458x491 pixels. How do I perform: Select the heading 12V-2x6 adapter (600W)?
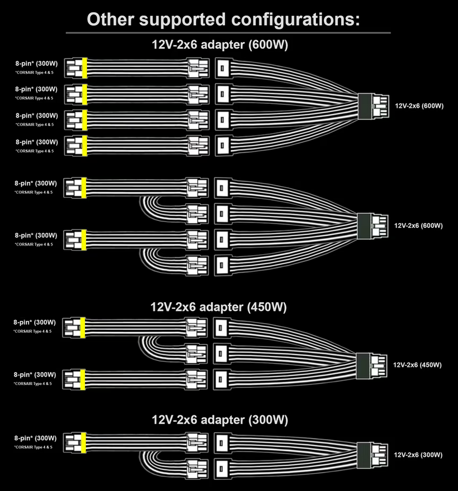(x=220, y=45)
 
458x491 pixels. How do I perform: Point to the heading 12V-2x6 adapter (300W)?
(x=220, y=419)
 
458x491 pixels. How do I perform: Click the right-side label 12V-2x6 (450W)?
(x=417, y=365)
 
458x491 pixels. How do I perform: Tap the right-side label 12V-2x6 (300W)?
(x=418, y=455)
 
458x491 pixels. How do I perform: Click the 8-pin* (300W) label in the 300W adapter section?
(x=35, y=439)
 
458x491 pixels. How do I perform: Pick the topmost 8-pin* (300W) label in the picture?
(x=36, y=63)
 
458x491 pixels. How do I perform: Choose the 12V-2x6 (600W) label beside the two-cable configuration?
(x=418, y=226)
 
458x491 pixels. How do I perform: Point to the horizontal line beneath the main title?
(x=228, y=33)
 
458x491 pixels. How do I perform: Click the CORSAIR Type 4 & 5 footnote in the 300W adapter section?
(x=33, y=447)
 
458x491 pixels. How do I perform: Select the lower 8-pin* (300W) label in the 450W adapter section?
(x=35, y=374)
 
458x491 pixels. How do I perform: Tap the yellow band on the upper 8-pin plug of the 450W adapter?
(x=83, y=327)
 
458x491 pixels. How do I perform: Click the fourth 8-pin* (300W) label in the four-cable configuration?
(x=36, y=142)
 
